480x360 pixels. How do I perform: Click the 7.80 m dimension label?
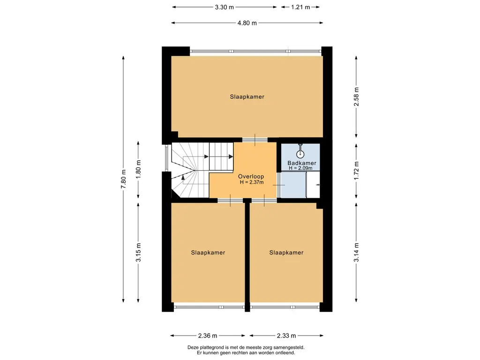pyautogui.click(x=123, y=179)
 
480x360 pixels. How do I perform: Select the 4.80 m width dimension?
pyautogui.click(x=247, y=23)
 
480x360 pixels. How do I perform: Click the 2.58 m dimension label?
pyautogui.click(x=356, y=97)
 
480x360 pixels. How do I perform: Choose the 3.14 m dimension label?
pyautogui.click(x=356, y=252)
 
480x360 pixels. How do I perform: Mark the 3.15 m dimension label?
pyautogui.click(x=138, y=252)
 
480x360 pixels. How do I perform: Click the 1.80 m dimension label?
pyautogui.click(x=138, y=170)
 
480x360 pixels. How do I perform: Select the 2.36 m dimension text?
pyautogui.click(x=208, y=336)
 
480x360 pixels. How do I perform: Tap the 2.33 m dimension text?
pyautogui.click(x=286, y=336)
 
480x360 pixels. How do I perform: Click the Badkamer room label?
pyautogui.click(x=301, y=163)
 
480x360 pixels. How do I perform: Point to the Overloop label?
pyautogui.click(x=251, y=177)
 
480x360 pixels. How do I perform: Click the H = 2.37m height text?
pyautogui.click(x=252, y=182)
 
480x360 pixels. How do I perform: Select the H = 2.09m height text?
pyautogui.click(x=300, y=168)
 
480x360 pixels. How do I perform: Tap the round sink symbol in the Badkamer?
pyautogui.click(x=300, y=154)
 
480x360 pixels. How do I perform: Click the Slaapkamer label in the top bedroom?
pyautogui.click(x=247, y=97)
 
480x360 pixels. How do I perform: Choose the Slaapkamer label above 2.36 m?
pyautogui.click(x=208, y=253)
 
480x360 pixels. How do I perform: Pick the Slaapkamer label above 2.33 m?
pyautogui.click(x=286, y=253)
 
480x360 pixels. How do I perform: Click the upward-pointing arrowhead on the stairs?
pyautogui.click(x=183, y=177)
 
